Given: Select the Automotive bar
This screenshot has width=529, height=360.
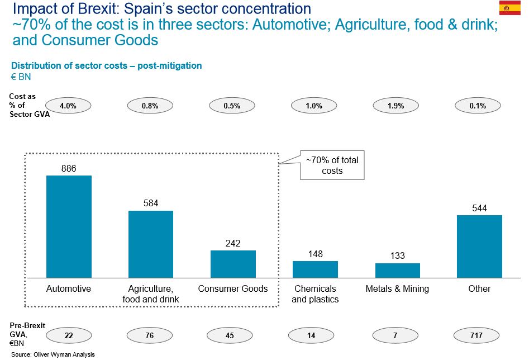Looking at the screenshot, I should [69, 226].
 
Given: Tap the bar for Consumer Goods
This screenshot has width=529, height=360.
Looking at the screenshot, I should [233, 264].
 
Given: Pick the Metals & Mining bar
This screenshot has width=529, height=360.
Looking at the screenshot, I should [397, 271].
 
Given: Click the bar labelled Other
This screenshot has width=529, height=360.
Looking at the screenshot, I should [479, 247].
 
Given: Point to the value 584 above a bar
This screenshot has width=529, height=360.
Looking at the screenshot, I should [151, 203].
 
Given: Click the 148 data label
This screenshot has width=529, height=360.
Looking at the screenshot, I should [315, 254].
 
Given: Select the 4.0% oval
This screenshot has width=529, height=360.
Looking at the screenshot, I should [68, 105].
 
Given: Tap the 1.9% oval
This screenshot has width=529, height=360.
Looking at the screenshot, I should [396, 105].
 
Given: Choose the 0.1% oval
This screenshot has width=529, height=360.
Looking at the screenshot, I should [478, 105].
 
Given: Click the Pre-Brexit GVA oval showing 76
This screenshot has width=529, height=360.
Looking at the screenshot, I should [150, 335].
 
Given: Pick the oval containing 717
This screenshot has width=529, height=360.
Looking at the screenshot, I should [478, 335].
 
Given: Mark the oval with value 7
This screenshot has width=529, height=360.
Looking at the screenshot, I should [396, 335].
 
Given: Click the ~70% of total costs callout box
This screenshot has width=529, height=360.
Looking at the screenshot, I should [332, 165].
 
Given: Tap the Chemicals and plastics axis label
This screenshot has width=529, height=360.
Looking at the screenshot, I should [314, 294].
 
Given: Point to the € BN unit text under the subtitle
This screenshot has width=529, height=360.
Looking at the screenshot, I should [21, 77].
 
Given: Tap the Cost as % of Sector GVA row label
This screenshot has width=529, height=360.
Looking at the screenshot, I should [23, 105].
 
